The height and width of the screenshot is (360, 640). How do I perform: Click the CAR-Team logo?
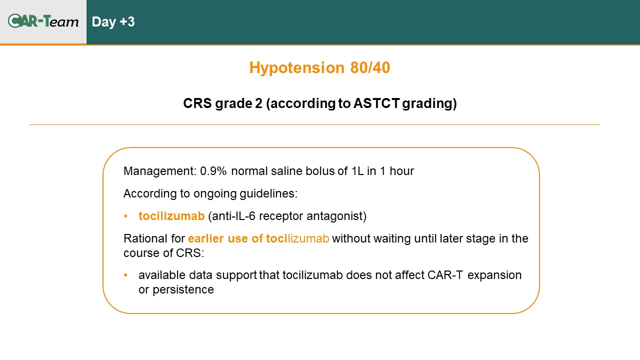pyautogui.click(x=43, y=21)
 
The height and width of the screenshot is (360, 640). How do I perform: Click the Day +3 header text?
pyautogui.click(x=113, y=22)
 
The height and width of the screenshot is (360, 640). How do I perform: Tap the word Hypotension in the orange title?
pyautogui.click(x=297, y=68)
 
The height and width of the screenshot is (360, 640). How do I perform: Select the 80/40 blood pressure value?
pyautogui.click(x=370, y=67)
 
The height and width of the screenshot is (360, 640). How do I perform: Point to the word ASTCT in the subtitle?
pyautogui.click(x=376, y=103)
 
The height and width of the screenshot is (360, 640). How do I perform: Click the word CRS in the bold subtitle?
pyautogui.click(x=197, y=103)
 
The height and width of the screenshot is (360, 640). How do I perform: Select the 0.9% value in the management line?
pyautogui.click(x=213, y=171)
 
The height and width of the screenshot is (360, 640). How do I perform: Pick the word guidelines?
pyautogui.click(x=268, y=193)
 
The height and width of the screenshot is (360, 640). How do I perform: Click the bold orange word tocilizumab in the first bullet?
pyautogui.click(x=171, y=216)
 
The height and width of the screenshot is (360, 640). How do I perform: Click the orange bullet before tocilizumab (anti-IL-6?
pyautogui.click(x=125, y=216)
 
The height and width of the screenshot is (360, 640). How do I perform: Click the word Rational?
pyautogui.click(x=145, y=238)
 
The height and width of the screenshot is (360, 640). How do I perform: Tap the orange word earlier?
pyautogui.click(x=205, y=238)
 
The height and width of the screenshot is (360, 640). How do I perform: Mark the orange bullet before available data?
pyautogui.click(x=125, y=275)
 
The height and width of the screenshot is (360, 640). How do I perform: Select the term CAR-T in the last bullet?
pyautogui.click(x=445, y=275)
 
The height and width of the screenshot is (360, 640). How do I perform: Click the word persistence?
pyautogui.click(x=183, y=289)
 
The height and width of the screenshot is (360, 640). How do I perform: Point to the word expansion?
pyautogui.click(x=494, y=275)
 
